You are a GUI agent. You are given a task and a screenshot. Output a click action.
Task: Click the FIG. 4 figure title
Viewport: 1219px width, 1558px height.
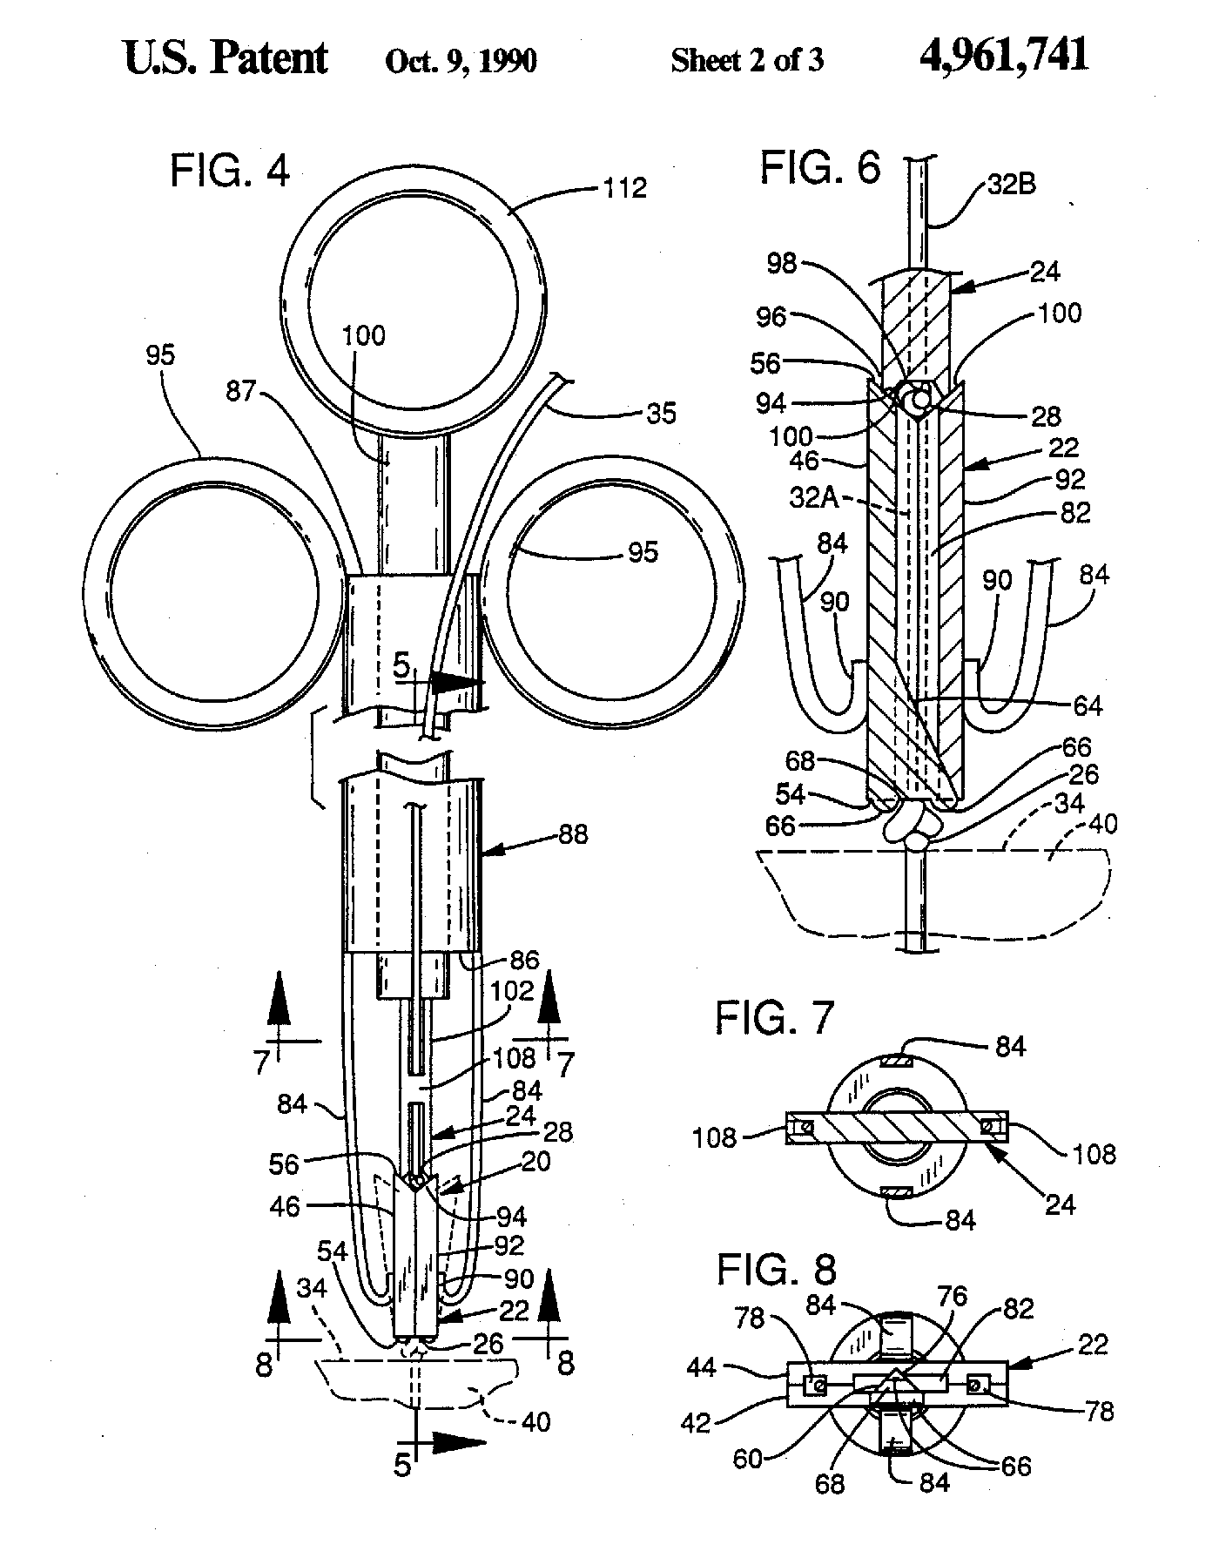pyautogui.click(x=230, y=172)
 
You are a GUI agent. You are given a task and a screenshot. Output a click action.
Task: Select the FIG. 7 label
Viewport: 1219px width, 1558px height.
pyautogui.click(x=775, y=1016)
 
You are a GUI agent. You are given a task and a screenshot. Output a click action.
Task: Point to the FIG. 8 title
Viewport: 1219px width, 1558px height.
pyautogui.click(x=776, y=1271)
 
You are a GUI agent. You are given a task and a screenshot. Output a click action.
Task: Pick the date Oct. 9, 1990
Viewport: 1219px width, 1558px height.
pyautogui.click(x=461, y=60)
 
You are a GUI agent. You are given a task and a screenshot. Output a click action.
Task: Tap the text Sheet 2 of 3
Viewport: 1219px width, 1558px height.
pyautogui.click(x=746, y=60)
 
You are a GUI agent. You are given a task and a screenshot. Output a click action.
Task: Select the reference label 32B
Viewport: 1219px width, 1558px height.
pyautogui.click(x=1011, y=185)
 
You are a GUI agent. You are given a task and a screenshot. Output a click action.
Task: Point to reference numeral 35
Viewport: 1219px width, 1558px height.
pyautogui.click(x=662, y=413)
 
